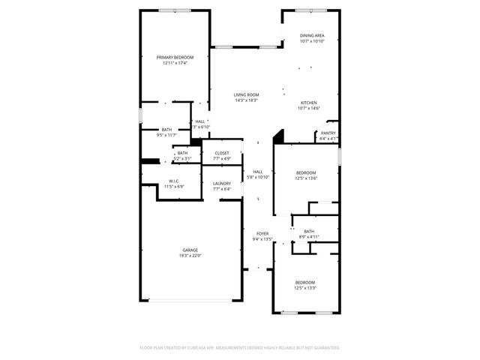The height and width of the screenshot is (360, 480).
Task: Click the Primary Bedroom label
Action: click(x=175, y=57)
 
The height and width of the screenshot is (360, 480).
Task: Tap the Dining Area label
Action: click(x=312, y=35)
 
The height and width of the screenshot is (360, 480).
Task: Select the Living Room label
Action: click(x=246, y=94)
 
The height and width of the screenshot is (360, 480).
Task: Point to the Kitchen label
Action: click(x=309, y=103)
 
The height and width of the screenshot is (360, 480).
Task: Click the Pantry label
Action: click(x=328, y=133)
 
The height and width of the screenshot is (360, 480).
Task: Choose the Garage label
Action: click(x=190, y=250)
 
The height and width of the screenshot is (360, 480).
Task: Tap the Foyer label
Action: click(x=262, y=233)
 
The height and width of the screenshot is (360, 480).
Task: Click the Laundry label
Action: click(x=221, y=183)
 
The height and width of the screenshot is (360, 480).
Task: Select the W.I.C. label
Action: click(x=173, y=181)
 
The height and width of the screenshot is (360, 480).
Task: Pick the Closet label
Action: click(x=222, y=153)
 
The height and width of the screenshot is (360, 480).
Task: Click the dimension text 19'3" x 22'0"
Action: click(x=190, y=256)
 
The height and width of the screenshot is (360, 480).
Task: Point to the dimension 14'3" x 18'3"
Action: click(x=246, y=100)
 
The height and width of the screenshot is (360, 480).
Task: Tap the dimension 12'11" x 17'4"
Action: click(x=175, y=63)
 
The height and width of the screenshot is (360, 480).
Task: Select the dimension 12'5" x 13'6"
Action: click(x=305, y=178)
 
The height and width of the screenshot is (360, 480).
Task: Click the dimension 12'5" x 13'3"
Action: click(x=305, y=288)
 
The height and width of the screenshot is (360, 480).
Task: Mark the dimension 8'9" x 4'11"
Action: click(x=309, y=237)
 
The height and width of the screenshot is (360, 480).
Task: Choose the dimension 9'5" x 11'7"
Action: click(x=166, y=135)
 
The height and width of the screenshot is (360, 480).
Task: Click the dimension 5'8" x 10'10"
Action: click(x=258, y=177)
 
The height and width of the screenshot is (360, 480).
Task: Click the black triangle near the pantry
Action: click(x=279, y=136)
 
